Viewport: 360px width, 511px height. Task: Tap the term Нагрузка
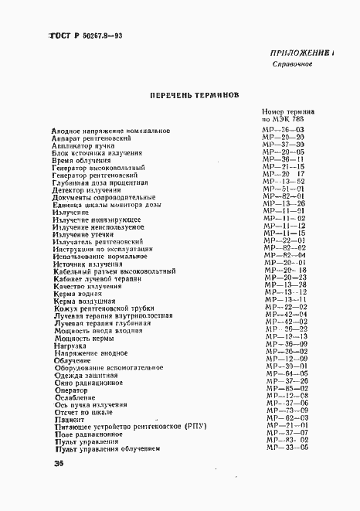click(x=69, y=343)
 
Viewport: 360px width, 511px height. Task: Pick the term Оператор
click(x=70, y=388)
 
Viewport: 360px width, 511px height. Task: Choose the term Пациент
click(x=69, y=417)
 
